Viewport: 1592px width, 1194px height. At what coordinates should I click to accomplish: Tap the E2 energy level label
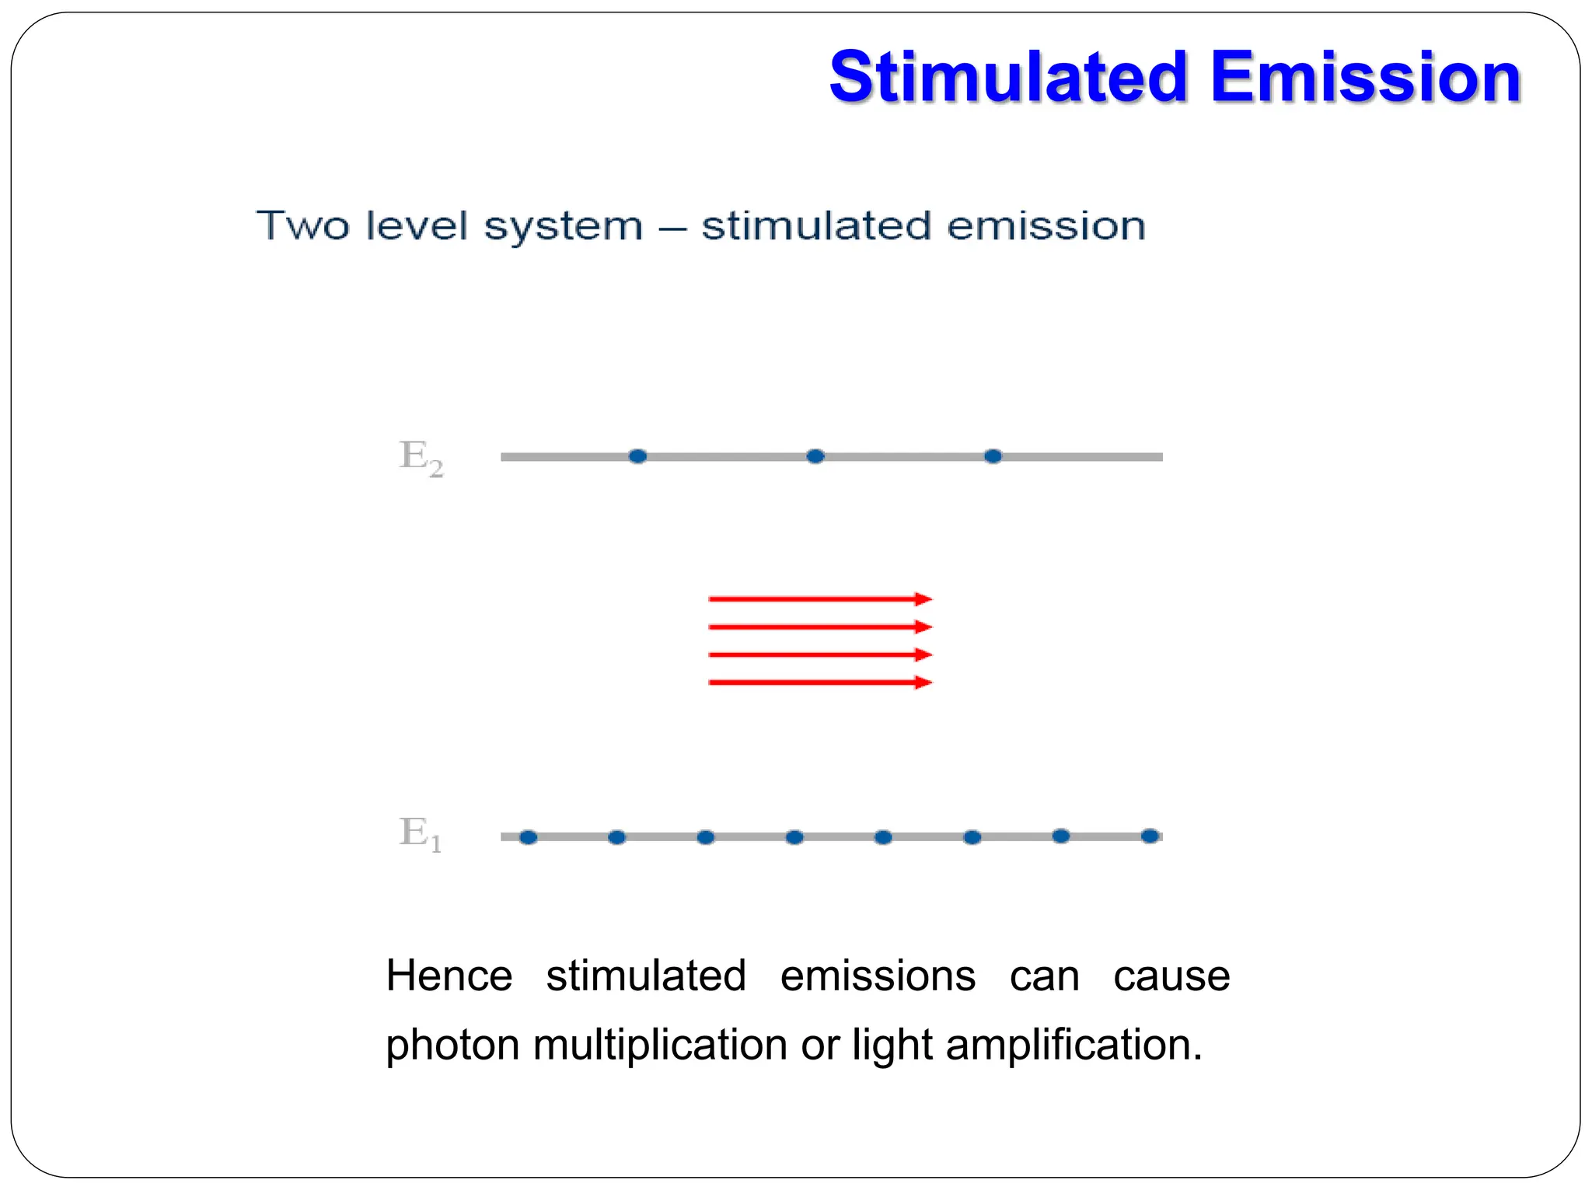pos(421,458)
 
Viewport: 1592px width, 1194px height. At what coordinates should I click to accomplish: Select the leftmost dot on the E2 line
pos(637,456)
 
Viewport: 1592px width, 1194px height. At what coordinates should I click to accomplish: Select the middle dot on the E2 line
pos(815,456)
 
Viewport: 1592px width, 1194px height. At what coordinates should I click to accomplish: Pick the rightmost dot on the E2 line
pos(993,456)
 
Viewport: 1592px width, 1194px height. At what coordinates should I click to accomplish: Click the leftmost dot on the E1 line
pos(528,837)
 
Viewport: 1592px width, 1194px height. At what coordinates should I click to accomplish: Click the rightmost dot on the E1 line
pos(1150,836)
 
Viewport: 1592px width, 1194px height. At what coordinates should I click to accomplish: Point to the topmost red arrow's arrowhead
pos(923,599)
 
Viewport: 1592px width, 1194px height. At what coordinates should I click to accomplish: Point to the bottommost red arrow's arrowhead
pos(923,683)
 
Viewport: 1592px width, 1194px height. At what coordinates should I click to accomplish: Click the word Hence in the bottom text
pos(449,976)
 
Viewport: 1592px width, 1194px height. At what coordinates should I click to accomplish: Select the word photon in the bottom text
pos(452,1046)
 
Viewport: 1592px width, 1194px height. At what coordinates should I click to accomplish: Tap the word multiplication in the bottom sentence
pos(659,1044)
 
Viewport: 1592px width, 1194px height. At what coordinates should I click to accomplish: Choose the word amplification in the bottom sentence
pos(1074,1044)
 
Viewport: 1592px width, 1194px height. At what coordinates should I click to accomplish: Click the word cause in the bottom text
pos(1171,976)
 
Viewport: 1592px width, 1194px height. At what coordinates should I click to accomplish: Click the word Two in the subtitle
pos(302,226)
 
